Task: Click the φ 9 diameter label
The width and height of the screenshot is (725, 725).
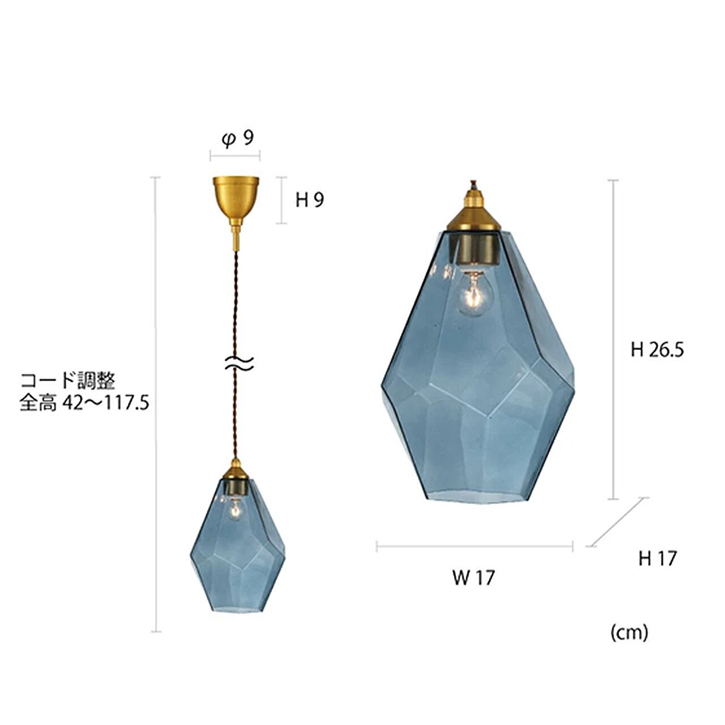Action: [238, 139]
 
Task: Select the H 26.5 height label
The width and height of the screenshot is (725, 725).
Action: [657, 350]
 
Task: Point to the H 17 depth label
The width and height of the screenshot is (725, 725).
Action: [657, 558]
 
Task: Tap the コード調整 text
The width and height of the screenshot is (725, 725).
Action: [68, 382]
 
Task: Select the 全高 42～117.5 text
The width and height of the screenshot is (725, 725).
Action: [84, 404]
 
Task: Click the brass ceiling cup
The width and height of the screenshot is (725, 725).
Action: [236, 201]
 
